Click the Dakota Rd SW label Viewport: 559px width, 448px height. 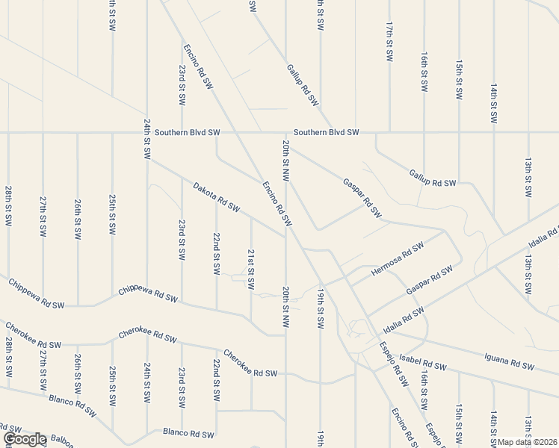(216, 196)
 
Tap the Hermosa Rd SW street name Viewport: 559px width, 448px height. (398, 258)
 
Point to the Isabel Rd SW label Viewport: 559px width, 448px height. (422, 363)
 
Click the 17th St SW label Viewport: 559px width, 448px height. (389, 45)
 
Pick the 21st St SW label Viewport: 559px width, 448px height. (251, 269)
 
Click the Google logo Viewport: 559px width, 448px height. (25, 440)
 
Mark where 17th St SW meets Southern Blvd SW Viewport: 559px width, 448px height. (389, 133)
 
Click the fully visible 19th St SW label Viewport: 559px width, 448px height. (320, 308)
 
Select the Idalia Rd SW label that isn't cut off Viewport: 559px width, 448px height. (403, 320)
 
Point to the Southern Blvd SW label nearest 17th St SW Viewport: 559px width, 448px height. (326, 132)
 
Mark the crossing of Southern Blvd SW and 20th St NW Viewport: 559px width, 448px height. (285, 133)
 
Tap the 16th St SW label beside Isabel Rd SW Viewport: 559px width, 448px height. (424, 388)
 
